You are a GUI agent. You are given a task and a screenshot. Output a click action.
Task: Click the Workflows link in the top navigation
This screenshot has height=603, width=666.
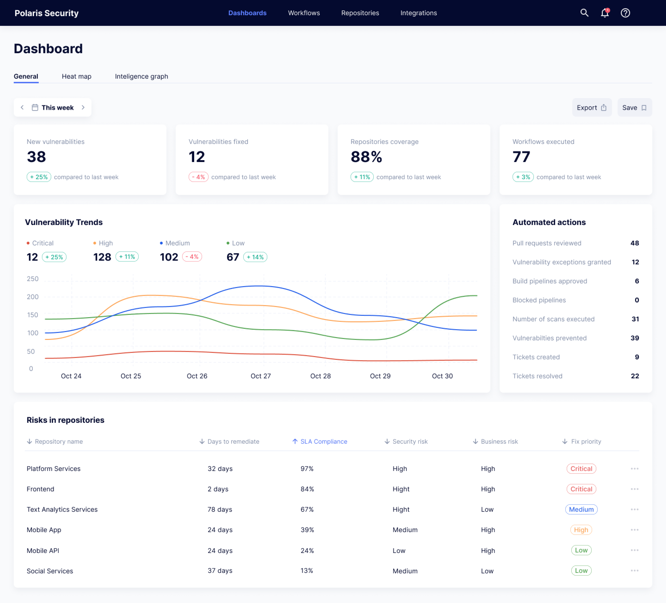pyautogui.click(x=304, y=13)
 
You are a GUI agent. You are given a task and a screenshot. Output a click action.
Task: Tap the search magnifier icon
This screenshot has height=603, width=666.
pyautogui.click(x=584, y=13)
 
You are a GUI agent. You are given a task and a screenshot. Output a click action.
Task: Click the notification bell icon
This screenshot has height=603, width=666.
pyautogui.click(x=605, y=13)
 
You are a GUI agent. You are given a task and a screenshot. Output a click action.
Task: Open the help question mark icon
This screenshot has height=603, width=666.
pyautogui.click(x=625, y=13)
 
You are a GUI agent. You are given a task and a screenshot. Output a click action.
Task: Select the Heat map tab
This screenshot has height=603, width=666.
pyautogui.click(x=76, y=76)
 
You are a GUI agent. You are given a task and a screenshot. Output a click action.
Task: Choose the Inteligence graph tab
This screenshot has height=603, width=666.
pyautogui.click(x=141, y=76)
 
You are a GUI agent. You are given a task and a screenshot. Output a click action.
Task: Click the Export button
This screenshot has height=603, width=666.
pyautogui.click(x=591, y=108)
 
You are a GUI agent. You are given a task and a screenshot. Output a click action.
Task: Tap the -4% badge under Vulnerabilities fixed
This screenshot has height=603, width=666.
pyautogui.click(x=198, y=177)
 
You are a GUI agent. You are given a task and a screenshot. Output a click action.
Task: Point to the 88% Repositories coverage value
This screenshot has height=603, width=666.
pyautogui.click(x=366, y=157)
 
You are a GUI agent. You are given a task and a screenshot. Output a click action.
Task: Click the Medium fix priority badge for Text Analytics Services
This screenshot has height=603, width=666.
pyautogui.click(x=581, y=509)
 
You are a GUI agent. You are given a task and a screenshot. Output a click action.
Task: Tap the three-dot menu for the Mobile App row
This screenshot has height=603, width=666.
pyautogui.click(x=634, y=530)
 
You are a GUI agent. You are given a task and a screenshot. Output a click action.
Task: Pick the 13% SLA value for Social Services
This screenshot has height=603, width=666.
pyautogui.click(x=307, y=571)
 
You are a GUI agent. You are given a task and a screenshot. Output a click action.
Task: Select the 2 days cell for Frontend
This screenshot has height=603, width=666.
pyautogui.click(x=218, y=489)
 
